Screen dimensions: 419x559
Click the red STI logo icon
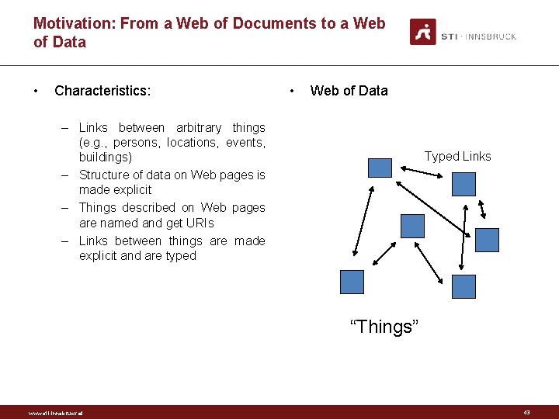(x=423, y=32)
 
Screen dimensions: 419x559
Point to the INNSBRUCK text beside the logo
(x=491, y=36)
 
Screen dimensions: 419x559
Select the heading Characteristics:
(x=102, y=91)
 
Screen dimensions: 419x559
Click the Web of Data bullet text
(x=349, y=91)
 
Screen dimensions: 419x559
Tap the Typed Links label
(x=457, y=157)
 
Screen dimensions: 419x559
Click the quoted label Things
(x=384, y=327)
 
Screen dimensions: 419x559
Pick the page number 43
(x=526, y=413)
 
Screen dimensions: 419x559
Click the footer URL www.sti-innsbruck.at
(x=55, y=413)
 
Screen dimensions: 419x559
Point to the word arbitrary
(x=199, y=127)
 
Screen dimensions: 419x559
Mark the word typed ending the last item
(x=180, y=256)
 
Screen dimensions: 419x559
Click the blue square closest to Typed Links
(x=464, y=184)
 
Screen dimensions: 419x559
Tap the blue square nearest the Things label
(x=352, y=282)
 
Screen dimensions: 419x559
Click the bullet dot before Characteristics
(x=36, y=91)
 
